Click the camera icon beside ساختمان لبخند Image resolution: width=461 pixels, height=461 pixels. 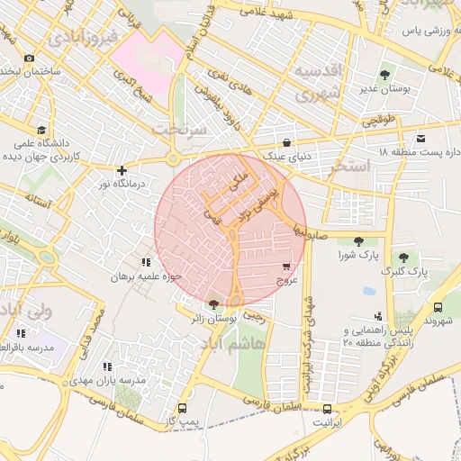tap(30, 58)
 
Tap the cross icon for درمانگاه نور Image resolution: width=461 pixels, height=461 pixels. tap(123, 169)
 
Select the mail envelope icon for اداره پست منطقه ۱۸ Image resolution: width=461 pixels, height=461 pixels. tap(420, 138)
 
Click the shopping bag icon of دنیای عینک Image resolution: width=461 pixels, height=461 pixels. tap(286, 142)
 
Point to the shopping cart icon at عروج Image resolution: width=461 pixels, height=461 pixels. tap(286, 267)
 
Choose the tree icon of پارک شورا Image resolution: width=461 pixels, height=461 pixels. tap(359, 241)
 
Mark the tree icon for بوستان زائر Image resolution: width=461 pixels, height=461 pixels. tap(213, 304)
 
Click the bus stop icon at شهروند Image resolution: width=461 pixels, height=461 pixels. tap(438, 306)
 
